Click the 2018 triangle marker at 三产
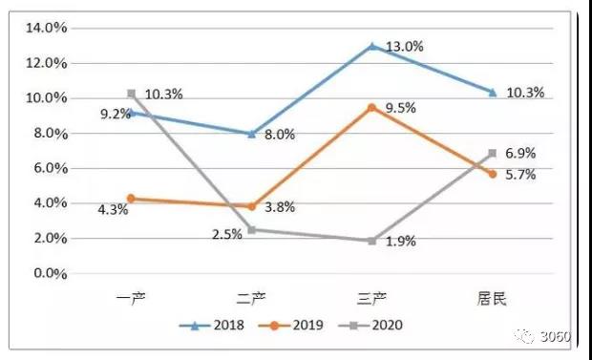click(x=371, y=46)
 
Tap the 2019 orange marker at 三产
click(x=371, y=108)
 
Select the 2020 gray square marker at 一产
click(x=132, y=94)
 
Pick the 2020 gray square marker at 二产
click(x=252, y=230)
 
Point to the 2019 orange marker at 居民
click(x=493, y=174)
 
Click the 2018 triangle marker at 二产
click(x=252, y=134)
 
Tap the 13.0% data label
click(x=404, y=47)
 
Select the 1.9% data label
click(x=401, y=242)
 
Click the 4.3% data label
click(x=113, y=210)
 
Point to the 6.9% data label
click(x=520, y=154)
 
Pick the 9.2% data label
click(x=116, y=114)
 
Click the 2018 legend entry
click(x=212, y=326)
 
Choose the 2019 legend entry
click(x=290, y=326)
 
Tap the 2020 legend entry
click(x=370, y=326)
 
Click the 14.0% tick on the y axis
click(x=47, y=28)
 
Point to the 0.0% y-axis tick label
click(x=51, y=273)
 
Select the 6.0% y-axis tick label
click(x=51, y=168)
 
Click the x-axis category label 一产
click(x=131, y=299)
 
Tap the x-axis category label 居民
click(x=491, y=299)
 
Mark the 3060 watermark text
click(x=556, y=336)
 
